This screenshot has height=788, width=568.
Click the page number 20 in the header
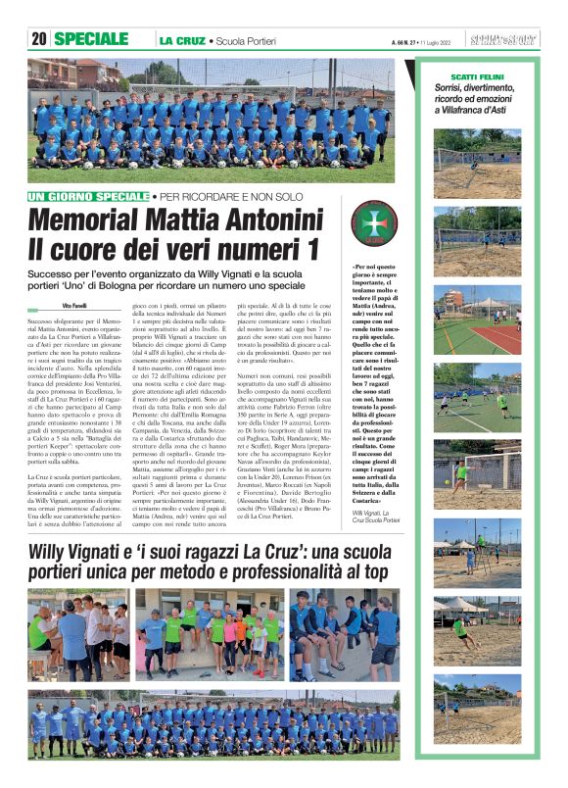coord(39,39)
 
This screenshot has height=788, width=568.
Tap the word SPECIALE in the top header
coord(91,39)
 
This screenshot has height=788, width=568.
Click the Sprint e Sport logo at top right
coord(503,40)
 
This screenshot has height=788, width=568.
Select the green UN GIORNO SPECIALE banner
coord(89,197)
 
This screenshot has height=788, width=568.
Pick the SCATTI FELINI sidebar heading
coord(477,76)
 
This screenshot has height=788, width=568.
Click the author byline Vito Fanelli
coord(74,307)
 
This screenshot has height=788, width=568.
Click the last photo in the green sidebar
coord(479,705)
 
